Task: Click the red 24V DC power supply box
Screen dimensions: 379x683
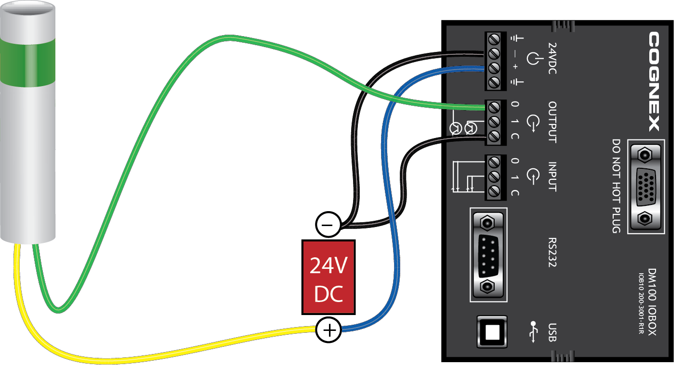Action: (328, 277)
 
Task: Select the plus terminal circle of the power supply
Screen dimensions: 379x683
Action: (328, 330)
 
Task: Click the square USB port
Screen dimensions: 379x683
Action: (491, 331)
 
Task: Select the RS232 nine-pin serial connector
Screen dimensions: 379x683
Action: (487, 255)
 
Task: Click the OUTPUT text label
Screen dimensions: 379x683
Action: (552, 122)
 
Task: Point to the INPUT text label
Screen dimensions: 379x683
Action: (552, 176)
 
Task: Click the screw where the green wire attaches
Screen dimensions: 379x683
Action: (493, 105)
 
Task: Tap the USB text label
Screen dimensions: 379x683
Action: (552, 332)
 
